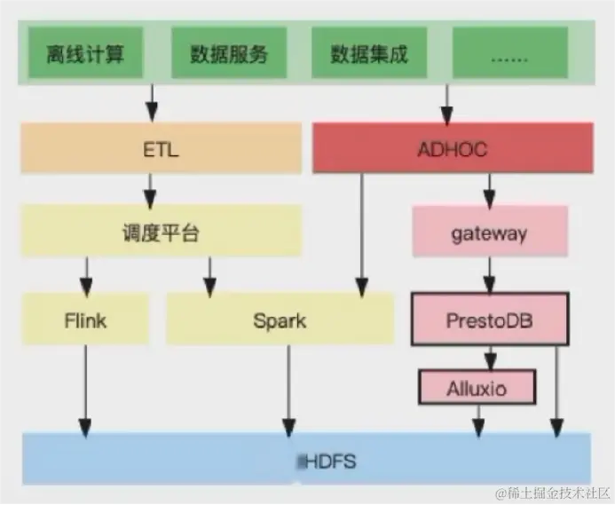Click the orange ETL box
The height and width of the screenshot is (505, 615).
[161, 148]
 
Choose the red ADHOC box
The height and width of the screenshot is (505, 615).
[453, 148]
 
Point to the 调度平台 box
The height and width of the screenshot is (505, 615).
[161, 233]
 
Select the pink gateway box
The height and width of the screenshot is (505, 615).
[489, 233]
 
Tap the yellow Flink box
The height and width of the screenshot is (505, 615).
[86, 320]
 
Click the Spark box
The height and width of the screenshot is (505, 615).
[280, 320]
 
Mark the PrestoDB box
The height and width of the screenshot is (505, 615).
[489, 319]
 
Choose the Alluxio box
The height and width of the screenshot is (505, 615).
[478, 387]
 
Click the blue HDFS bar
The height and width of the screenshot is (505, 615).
[306, 459]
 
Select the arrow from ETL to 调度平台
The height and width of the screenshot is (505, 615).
[151, 189]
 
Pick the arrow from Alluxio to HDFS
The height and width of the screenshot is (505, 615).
[479, 419]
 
